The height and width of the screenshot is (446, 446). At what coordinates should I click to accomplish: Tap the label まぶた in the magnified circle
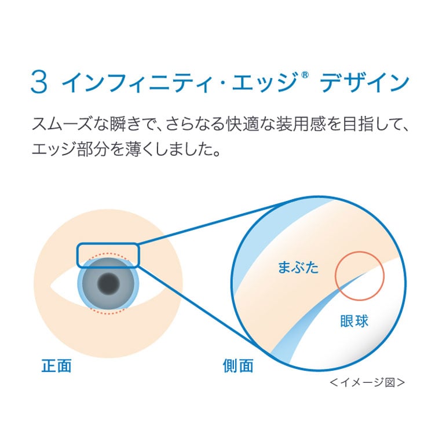pyautogui.click(x=298, y=267)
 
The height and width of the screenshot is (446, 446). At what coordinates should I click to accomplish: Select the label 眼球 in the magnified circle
pyautogui.click(x=354, y=321)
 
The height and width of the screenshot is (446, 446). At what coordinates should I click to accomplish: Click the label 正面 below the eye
pyautogui.click(x=57, y=365)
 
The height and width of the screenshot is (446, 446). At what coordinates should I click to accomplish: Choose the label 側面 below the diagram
pyautogui.click(x=237, y=365)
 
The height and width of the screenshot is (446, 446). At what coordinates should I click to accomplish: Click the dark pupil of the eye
pyautogui.click(x=108, y=283)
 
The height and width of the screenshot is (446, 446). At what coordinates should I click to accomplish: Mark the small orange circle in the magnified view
pyautogui.click(x=360, y=276)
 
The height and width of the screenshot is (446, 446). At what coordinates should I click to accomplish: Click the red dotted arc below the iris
pyautogui.click(x=108, y=313)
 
